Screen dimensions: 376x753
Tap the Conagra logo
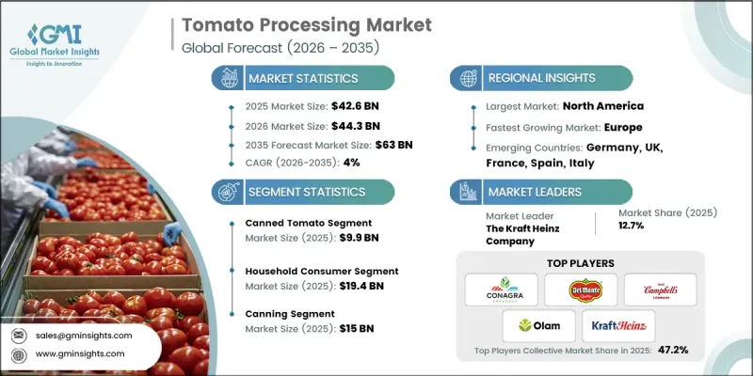pyautogui.click(x=502, y=288)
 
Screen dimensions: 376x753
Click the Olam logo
pyautogui.click(x=540, y=328)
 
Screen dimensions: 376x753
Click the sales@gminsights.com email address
pyautogui.click(x=84, y=334)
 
